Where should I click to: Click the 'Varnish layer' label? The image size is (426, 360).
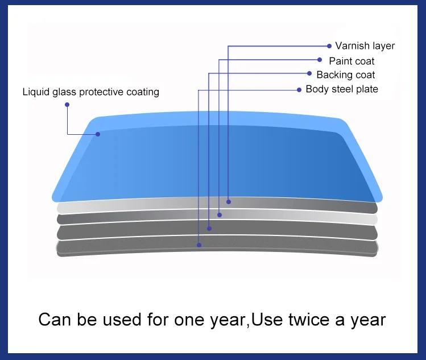(365, 46)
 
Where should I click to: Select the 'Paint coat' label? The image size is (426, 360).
(351, 61)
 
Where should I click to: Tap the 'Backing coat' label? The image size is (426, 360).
(346, 75)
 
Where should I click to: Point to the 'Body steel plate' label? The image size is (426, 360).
(342, 89)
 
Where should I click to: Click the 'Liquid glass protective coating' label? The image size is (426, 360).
(91, 92)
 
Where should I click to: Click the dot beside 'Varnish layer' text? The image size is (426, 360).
(329, 46)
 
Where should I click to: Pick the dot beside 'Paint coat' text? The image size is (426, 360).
(320, 60)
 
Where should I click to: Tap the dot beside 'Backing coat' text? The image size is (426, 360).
(309, 73)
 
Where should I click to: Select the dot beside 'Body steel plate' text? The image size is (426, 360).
(299, 90)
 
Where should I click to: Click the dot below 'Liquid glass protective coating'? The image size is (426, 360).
(67, 105)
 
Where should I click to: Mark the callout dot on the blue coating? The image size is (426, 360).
(98, 134)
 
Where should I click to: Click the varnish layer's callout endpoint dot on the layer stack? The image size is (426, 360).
(229, 202)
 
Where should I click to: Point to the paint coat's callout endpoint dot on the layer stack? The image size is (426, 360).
(220, 215)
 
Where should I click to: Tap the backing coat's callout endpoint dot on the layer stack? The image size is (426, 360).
(209, 229)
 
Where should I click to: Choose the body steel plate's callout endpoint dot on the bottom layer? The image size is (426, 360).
(199, 245)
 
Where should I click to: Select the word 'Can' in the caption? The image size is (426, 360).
(55, 320)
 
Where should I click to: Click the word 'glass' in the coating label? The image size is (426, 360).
(64, 92)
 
